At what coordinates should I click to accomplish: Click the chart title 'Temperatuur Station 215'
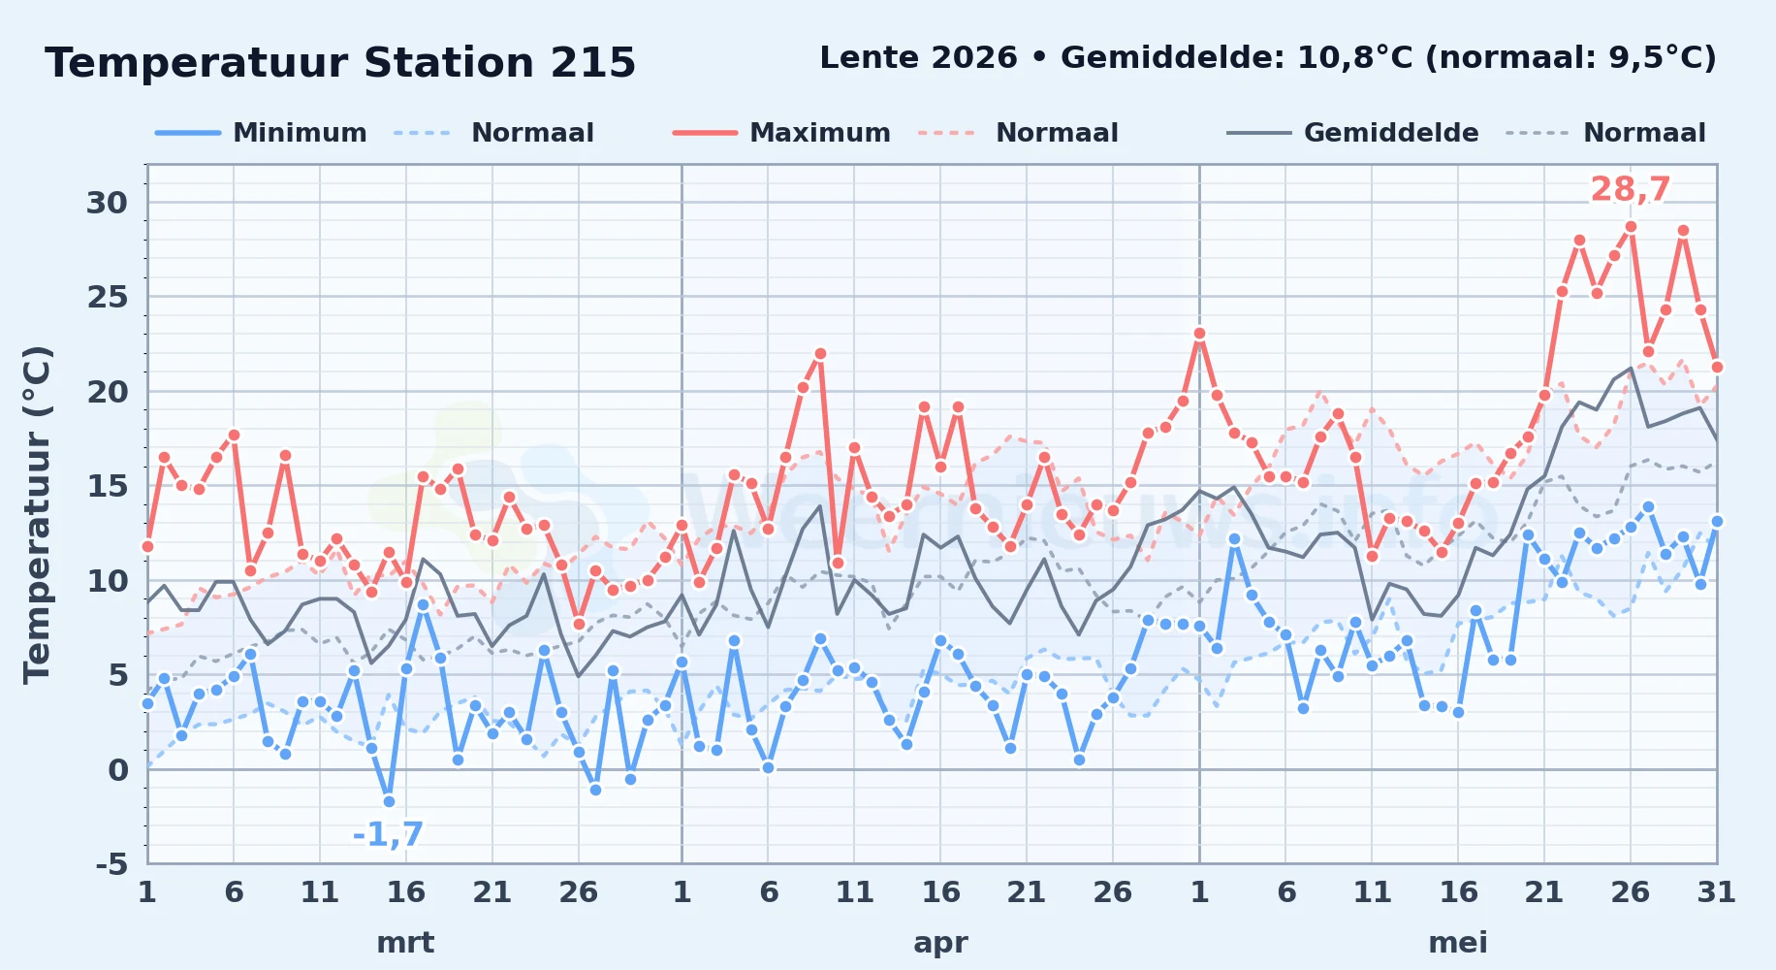[340, 63]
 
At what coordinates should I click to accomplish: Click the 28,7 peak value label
[1631, 189]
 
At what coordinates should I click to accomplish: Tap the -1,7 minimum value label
[388, 834]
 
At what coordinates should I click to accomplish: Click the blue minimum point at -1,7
[389, 801]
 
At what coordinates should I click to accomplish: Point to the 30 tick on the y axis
[107, 203]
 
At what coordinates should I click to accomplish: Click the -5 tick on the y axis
[111, 863]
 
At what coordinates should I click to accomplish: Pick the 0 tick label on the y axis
[118, 770]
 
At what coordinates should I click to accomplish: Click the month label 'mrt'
[405, 943]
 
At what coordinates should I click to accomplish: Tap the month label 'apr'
[940, 943]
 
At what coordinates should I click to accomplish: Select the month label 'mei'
[1458, 943]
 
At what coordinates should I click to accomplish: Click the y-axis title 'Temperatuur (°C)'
[37, 514]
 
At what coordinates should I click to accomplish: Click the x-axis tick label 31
[1716, 891]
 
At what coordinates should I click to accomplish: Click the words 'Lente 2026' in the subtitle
[918, 58]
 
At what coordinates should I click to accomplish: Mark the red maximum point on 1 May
[1199, 334]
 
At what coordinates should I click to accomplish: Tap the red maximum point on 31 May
[1717, 367]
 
